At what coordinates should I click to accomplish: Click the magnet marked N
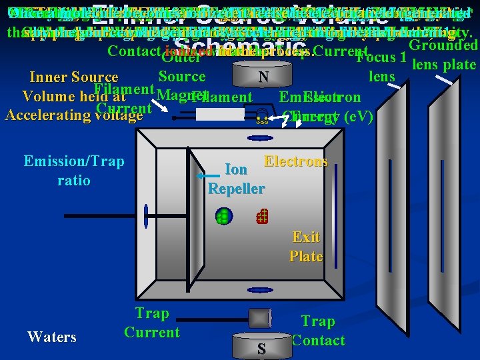(264, 78)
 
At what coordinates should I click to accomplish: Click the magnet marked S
(261, 347)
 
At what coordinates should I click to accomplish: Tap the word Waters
(52, 337)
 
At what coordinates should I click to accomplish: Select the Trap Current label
(152, 323)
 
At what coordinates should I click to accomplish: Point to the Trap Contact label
(318, 331)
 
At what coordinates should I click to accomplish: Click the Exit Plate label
(305, 247)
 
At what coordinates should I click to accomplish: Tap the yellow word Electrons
(295, 161)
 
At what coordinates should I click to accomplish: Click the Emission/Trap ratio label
(73, 171)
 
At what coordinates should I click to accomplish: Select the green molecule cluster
(223, 216)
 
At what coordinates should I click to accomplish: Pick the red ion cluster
(262, 215)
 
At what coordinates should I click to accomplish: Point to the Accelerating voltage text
(73, 115)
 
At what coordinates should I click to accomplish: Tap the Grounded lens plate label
(443, 55)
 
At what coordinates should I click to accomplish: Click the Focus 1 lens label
(382, 67)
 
